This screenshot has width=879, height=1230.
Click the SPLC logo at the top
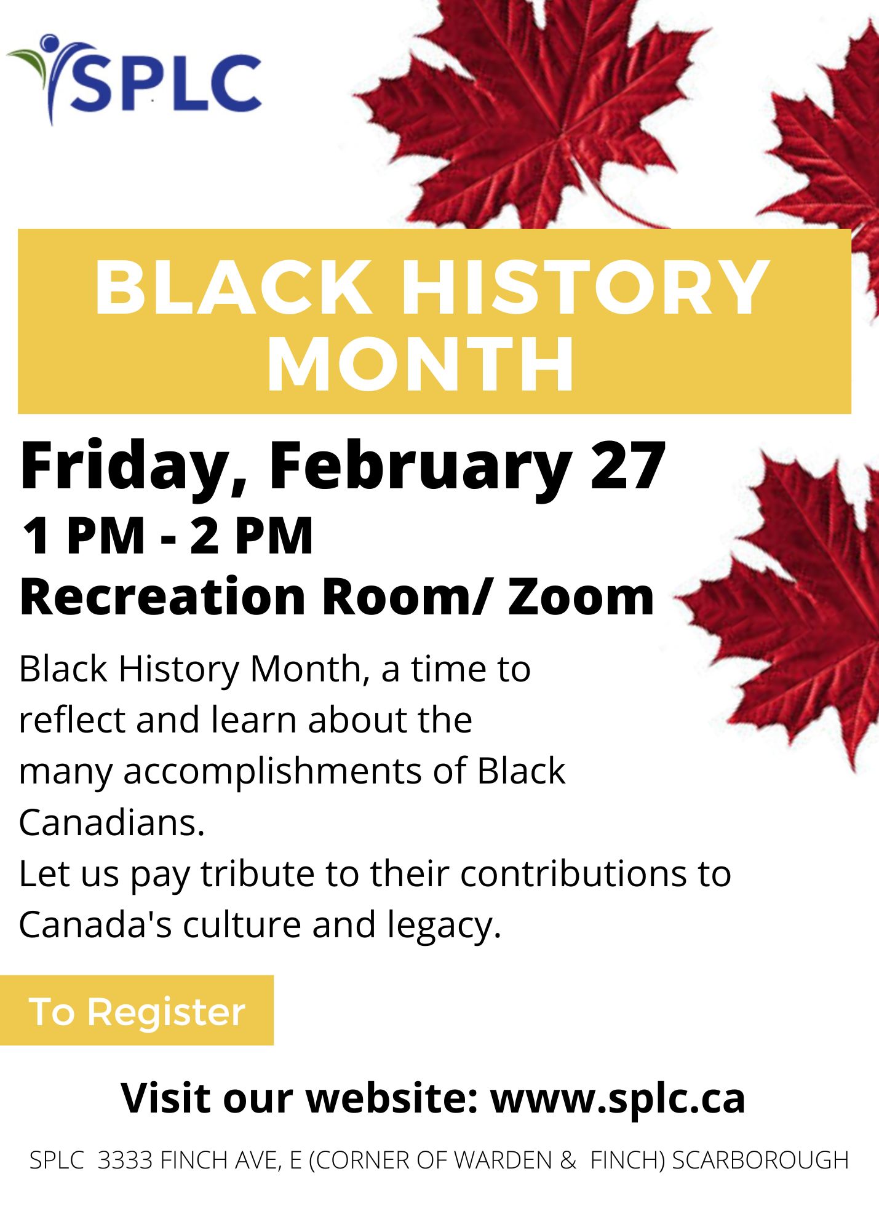pyautogui.click(x=134, y=80)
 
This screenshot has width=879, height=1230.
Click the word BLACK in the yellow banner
pyautogui.click(x=233, y=287)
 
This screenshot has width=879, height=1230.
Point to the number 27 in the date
pyautogui.click(x=629, y=466)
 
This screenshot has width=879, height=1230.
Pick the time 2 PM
pyautogui.click(x=252, y=536)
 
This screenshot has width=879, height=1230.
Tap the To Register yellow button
pyautogui.click(x=137, y=1010)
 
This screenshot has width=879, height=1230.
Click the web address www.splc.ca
pyautogui.click(x=618, y=1098)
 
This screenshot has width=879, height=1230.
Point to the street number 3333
pyautogui.click(x=125, y=1160)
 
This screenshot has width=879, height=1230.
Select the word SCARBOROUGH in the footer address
pyautogui.click(x=760, y=1160)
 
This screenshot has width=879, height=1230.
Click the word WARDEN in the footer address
pyautogui.click(x=503, y=1160)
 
